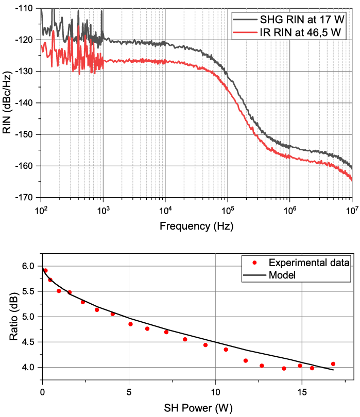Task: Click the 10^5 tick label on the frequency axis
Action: click(x=227, y=211)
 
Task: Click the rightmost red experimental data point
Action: click(x=333, y=364)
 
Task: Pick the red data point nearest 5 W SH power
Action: click(x=130, y=324)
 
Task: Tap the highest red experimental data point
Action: click(x=45, y=270)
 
